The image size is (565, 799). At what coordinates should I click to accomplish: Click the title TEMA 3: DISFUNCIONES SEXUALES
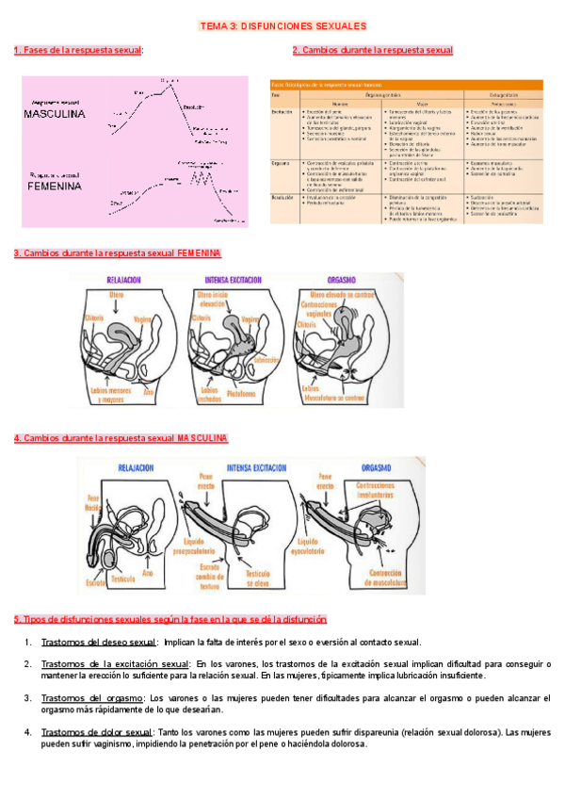click(283, 26)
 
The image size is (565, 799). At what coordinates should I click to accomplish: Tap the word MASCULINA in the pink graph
click(55, 113)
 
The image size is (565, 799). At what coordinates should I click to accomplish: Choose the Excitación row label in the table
click(282, 110)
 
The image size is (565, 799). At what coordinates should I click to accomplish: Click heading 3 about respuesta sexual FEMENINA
click(118, 253)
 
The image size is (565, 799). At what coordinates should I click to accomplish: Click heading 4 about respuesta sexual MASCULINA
click(121, 438)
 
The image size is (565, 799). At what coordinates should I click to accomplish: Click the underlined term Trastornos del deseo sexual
click(98, 643)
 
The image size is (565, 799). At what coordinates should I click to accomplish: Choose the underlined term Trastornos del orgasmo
click(91, 698)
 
